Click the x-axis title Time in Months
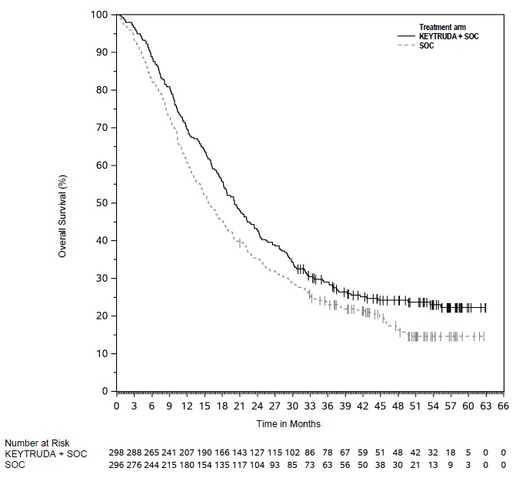pos(289,424)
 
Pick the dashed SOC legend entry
pos(426,46)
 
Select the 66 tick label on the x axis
pos(504,406)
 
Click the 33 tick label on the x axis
pos(310,406)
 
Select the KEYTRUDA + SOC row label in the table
pos(46,454)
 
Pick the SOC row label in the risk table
pos(14,465)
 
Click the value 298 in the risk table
pos(116,454)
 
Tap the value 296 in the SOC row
pos(116,465)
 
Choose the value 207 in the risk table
pos(187,454)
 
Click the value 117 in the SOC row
pos(239,465)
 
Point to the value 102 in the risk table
pos(292,454)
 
